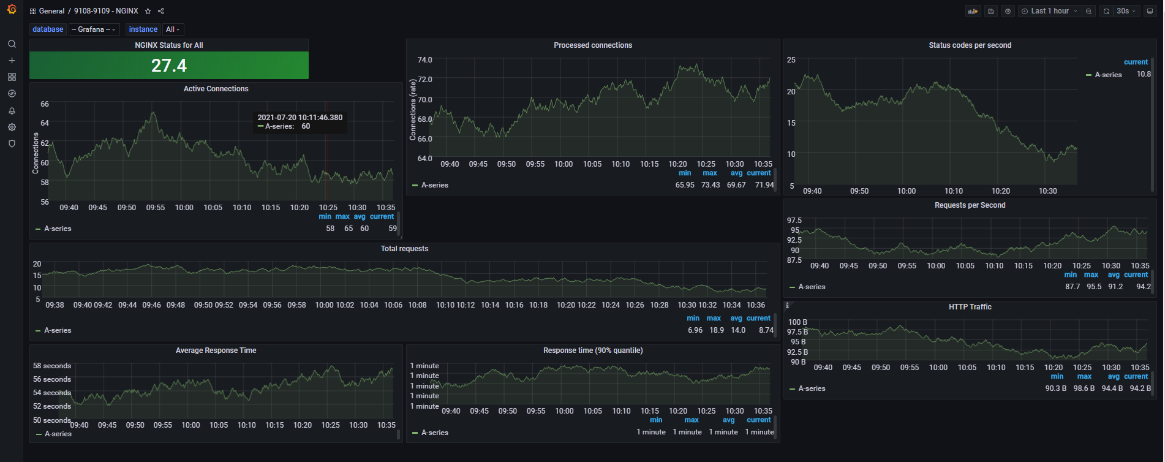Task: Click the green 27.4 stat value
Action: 169,66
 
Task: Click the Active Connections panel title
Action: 216,89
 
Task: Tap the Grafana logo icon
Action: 12,9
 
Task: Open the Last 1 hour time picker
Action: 1049,11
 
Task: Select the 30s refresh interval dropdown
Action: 1126,11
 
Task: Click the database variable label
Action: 48,29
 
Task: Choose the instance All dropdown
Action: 173,29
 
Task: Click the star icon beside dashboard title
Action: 148,11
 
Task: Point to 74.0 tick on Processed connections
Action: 424,60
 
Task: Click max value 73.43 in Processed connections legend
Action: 710,185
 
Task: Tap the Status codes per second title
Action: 970,45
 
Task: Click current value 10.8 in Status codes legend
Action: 1143,74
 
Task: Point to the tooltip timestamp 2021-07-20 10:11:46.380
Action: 300,118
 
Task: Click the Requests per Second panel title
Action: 970,205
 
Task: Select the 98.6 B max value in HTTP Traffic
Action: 1084,388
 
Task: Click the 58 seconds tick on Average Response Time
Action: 52,366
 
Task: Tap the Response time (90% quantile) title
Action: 592,350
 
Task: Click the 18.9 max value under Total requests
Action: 716,330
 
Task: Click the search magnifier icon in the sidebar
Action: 12,44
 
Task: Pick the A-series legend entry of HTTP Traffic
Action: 811,388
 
